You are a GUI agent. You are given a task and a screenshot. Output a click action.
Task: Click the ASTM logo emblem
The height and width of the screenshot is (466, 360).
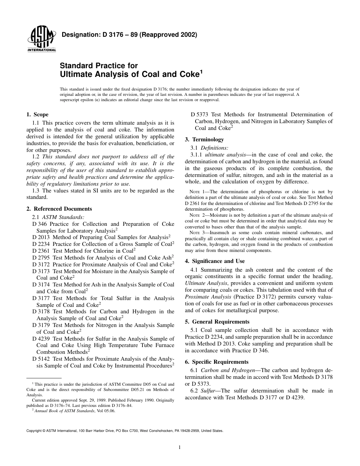(x=41, y=38)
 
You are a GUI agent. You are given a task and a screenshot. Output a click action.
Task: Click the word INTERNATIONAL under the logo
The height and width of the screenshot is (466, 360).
(x=41, y=50)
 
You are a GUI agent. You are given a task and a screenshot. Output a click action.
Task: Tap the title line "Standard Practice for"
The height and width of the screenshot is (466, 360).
(x=99, y=66)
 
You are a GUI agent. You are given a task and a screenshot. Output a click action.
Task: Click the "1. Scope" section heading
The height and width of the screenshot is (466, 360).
(x=37, y=115)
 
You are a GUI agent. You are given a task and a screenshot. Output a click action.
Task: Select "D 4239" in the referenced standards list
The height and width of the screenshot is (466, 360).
(x=41, y=339)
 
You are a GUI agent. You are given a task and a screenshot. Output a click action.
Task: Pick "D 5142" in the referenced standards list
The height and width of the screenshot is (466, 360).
(x=41, y=359)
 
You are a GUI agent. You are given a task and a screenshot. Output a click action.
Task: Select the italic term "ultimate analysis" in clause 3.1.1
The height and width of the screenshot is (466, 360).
(x=225, y=155)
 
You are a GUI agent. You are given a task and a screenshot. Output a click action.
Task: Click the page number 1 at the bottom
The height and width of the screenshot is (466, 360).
(x=180, y=447)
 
